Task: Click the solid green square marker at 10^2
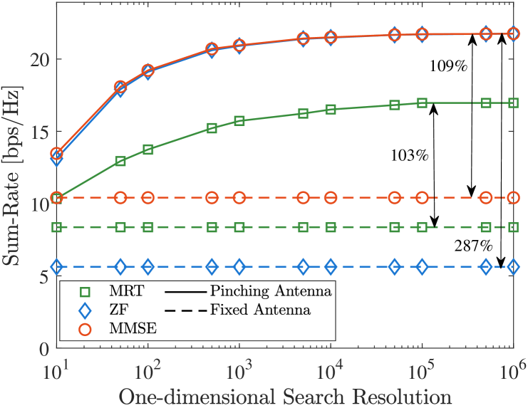point(147,150)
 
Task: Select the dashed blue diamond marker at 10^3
point(239,266)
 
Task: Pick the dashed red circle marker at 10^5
point(422,197)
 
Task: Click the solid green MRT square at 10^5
point(422,103)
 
